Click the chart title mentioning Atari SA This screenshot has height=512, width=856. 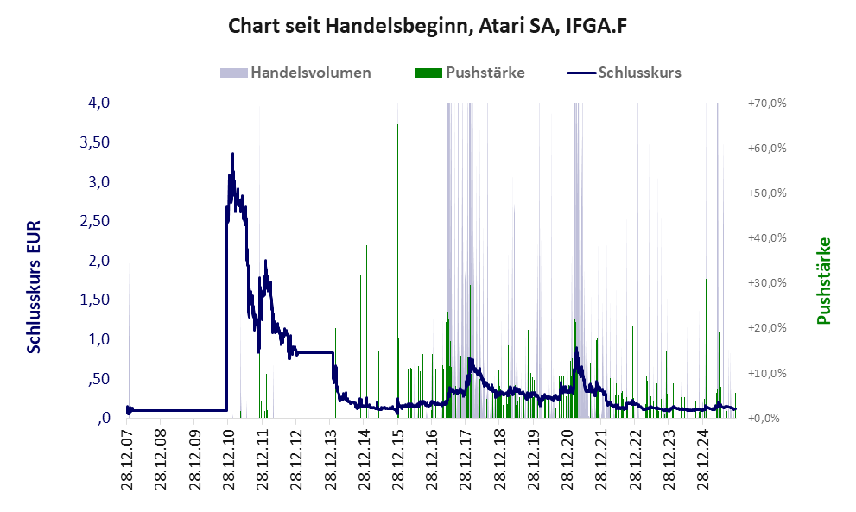[x=427, y=26]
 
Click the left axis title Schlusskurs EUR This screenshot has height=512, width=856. [x=35, y=286]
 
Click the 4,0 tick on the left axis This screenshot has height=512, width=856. [x=98, y=103]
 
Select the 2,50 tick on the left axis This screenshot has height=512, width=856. [x=94, y=221]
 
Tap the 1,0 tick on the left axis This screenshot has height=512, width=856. [x=98, y=339]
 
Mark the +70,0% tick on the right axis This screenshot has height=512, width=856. [x=766, y=103]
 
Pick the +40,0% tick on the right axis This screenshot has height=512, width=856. [x=766, y=237]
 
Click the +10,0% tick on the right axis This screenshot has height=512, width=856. [x=766, y=373]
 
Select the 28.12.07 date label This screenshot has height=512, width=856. [x=128, y=462]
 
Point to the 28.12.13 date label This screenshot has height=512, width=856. [x=331, y=462]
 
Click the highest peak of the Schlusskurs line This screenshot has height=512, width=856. [x=232, y=154]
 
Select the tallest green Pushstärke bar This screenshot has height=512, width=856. [x=397, y=126]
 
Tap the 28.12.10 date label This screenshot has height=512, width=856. [x=229, y=462]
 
